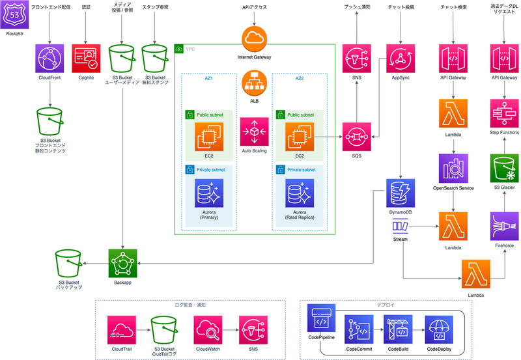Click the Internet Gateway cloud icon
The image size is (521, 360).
coord(255,39)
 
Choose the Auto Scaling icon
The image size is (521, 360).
coord(255,132)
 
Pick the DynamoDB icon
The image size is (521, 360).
coord(400,195)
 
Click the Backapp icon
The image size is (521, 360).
coord(122,263)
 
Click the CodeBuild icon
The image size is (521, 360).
coord(400,330)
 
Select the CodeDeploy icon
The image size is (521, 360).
coord(440,330)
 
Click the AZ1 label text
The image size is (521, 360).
coord(210,77)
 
